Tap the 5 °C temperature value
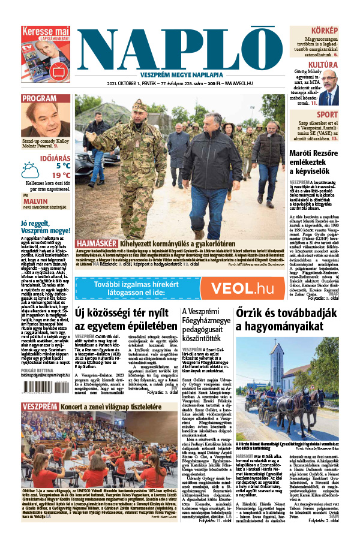click(x=63, y=165)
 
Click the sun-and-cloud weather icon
click(x=31, y=171)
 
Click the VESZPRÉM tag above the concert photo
click(x=40, y=407)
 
